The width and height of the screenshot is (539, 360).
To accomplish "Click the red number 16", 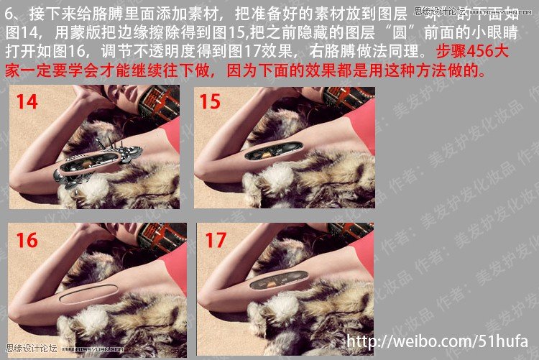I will (27, 239).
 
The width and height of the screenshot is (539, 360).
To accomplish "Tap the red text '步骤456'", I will (466, 52).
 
